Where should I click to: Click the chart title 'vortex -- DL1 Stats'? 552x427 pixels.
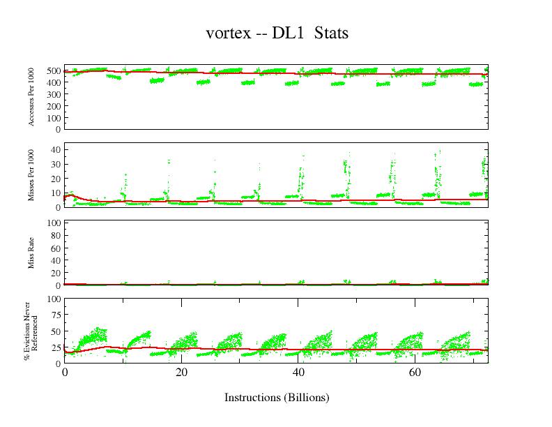coord(277,33)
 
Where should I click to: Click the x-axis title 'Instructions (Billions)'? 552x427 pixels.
coord(276,398)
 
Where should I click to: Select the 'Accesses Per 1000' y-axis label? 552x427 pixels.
coord(31,98)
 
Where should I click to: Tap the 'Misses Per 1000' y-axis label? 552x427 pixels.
coord(31,175)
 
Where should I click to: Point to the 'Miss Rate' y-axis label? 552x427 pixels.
coord(31,253)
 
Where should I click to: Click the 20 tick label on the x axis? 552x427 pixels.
coord(181,373)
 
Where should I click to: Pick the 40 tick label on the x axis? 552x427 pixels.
coord(298,373)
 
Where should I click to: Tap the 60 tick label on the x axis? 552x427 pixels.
coord(414,373)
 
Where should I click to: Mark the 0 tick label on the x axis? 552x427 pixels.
coord(65,373)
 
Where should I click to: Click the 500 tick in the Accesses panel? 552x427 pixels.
coord(53,70)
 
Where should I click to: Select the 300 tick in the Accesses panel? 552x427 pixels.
coord(53,94)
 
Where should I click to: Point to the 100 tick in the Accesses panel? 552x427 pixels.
coord(53,117)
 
